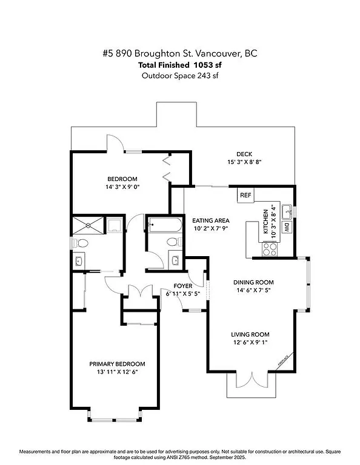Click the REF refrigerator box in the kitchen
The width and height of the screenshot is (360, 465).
(245, 196)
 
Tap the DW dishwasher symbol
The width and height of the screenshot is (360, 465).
(287, 228)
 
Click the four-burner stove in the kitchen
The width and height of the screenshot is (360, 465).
(270, 247)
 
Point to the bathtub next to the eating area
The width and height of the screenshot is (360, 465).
(164, 226)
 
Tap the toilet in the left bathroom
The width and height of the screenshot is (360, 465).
(82, 243)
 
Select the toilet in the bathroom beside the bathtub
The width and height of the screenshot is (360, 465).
(172, 243)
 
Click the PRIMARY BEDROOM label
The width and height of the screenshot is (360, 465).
(117, 364)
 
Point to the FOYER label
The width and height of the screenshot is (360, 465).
(183, 285)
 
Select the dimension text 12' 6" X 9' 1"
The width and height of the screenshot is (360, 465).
(250, 343)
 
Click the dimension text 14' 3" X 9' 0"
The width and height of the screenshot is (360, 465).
(122, 187)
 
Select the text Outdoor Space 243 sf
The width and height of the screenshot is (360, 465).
(180, 76)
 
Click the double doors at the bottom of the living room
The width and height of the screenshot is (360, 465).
(250, 382)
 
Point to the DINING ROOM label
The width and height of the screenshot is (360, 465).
(254, 282)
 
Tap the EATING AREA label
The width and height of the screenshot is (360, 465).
(210, 220)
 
